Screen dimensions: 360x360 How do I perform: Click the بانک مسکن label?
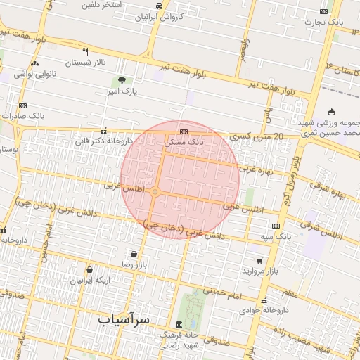point(184,141)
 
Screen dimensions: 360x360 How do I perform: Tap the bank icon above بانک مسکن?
point(184,131)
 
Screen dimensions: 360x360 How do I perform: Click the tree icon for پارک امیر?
point(122,81)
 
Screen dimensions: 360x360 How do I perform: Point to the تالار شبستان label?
point(86,63)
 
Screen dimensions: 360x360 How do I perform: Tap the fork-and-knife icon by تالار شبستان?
point(86,51)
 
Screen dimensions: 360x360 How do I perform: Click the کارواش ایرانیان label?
point(159,15)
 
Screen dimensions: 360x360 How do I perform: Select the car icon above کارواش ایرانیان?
point(159,6)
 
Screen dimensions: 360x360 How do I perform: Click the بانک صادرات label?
point(23,115)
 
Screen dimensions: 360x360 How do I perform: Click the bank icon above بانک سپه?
point(276,226)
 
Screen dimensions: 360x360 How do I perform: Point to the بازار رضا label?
point(134,264)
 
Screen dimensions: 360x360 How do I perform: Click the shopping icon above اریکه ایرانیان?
point(89,269)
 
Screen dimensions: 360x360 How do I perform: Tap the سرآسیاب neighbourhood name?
point(124,320)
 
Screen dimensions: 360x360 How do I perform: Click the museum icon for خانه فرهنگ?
point(179,325)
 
